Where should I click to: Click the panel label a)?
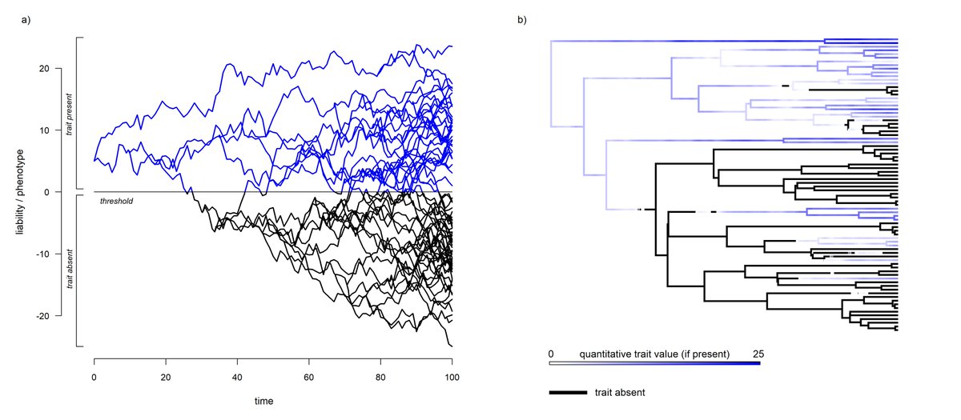tap(26, 20)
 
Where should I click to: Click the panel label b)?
tap(522, 20)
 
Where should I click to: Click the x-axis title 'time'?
tap(273, 401)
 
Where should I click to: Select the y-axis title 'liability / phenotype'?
tap(18, 192)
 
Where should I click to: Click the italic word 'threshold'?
tap(116, 201)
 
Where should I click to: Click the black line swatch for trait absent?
tap(567, 393)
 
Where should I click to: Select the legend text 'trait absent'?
tap(620, 393)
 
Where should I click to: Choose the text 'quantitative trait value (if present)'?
tap(654, 354)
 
